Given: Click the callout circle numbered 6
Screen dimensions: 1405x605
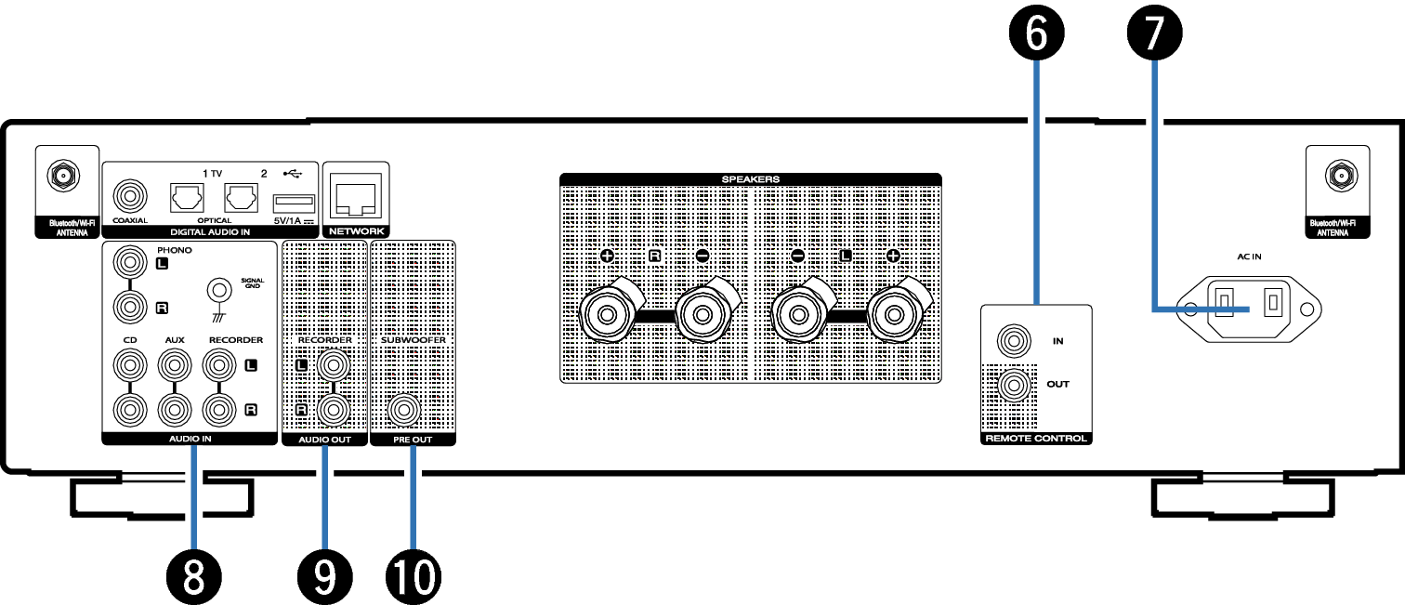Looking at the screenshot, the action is tap(1036, 33).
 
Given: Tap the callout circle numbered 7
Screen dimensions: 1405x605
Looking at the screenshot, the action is tap(1154, 33).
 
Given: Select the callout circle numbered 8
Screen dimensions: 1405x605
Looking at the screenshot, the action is tap(194, 577).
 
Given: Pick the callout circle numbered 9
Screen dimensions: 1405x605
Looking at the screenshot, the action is tap(325, 577).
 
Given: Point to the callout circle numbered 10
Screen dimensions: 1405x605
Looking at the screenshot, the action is tap(414, 577).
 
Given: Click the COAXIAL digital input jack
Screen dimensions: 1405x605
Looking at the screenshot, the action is tap(130, 196).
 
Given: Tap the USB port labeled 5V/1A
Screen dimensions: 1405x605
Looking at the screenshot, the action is tap(294, 204).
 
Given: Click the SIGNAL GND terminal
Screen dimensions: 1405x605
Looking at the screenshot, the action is tap(219, 290).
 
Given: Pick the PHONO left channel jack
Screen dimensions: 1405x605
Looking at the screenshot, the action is tap(130, 262).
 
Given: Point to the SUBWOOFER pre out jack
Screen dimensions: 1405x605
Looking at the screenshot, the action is tap(404, 410).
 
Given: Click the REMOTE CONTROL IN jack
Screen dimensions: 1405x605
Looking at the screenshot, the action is tap(1014, 341).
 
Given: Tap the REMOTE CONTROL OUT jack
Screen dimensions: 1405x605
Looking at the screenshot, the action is tap(1014, 385).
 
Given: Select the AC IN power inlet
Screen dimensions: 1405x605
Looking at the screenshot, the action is tap(1248, 309).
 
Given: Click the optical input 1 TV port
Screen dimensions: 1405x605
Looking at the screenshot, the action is tap(187, 198).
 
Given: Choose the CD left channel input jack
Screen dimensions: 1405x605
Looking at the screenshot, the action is tap(130, 364).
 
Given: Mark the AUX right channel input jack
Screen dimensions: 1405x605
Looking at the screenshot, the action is tap(175, 410).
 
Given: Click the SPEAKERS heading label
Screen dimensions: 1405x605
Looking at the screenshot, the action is tap(750, 179).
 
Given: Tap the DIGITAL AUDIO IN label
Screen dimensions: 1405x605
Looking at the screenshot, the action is tap(210, 232).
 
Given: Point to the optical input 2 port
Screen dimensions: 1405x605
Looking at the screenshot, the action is tap(241, 198).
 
